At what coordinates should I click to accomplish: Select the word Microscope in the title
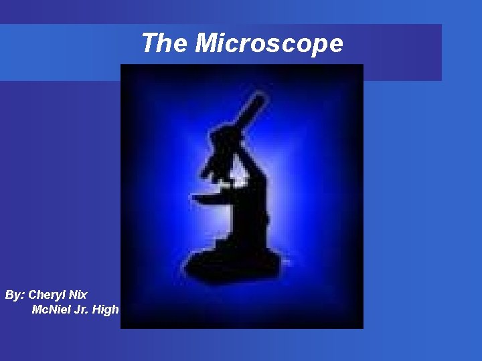click(x=269, y=44)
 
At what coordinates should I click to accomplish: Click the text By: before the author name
click(x=15, y=295)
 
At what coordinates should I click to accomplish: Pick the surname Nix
click(x=78, y=295)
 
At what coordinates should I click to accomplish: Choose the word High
click(x=106, y=310)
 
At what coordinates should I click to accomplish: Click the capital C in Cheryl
click(x=33, y=295)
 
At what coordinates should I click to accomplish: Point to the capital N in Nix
click(x=72, y=295)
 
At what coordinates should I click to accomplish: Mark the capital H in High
click(x=98, y=310)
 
